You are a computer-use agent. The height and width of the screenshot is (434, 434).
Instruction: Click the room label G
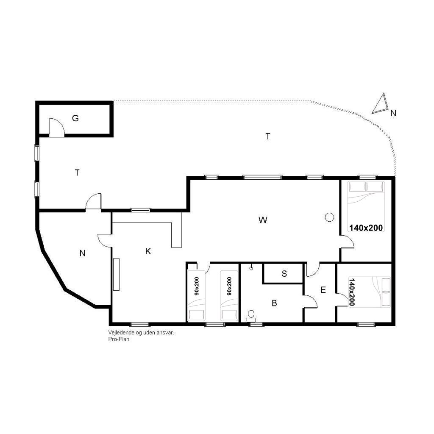(x=75, y=118)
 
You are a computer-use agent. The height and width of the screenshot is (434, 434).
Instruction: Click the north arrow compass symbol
(x=380, y=103)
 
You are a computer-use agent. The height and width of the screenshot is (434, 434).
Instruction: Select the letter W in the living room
(x=263, y=220)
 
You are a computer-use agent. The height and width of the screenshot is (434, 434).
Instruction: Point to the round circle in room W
(x=329, y=217)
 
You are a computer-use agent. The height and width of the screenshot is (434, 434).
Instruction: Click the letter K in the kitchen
(x=148, y=251)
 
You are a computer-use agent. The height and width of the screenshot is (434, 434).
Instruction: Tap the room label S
(x=284, y=273)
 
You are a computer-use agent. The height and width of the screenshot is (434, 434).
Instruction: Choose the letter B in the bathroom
(x=274, y=303)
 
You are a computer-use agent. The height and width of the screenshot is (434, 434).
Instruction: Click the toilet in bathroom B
(x=251, y=316)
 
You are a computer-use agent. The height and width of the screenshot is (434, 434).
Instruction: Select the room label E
(x=323, y=290)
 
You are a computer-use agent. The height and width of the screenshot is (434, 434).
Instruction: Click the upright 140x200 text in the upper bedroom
(x=366, y=228)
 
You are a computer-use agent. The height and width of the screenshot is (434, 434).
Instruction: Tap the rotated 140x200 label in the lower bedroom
(x=352, y=292)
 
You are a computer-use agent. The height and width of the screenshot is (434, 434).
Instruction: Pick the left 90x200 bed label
(x=197, y=286)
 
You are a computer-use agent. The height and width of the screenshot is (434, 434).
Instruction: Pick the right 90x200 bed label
(x=229, y=286)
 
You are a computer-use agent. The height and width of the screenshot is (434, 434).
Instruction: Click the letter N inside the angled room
(x=82, y=253)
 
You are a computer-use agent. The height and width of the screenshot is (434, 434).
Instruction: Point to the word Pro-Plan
(x=119, y=339)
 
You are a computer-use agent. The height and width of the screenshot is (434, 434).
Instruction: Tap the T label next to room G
(x=77, y=173)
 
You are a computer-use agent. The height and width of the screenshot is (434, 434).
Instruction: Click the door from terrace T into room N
(x=93, y=201)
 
